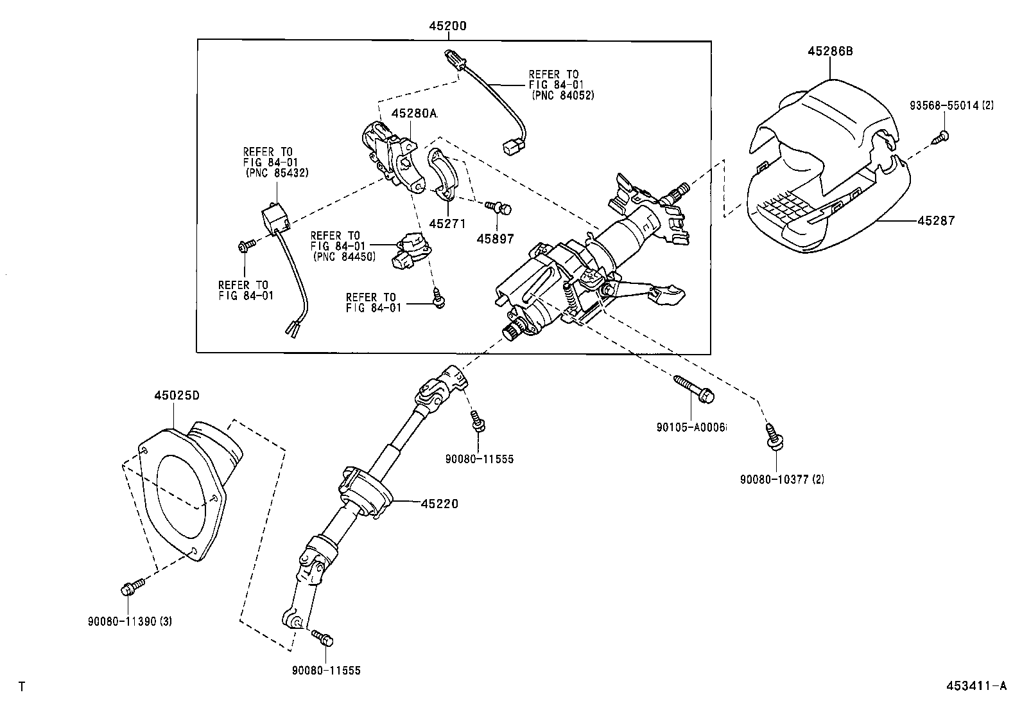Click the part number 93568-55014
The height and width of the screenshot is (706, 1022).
pyautogui.click(x=944, y=105)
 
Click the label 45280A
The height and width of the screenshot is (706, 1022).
pyautogui.click(x=414, y=114)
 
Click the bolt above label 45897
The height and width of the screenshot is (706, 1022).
pyautogui.click(x=499, y=207)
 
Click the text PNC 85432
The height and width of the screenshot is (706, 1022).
pyautogui.click(x=277, y=173)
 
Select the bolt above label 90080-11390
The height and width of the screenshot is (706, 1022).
pyautogui.click(x=129, y=587)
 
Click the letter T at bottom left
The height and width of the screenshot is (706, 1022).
pyautogui.click(x=22, y=687)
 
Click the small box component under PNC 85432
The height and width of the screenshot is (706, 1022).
pyautogui.click(x=273, y=218)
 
